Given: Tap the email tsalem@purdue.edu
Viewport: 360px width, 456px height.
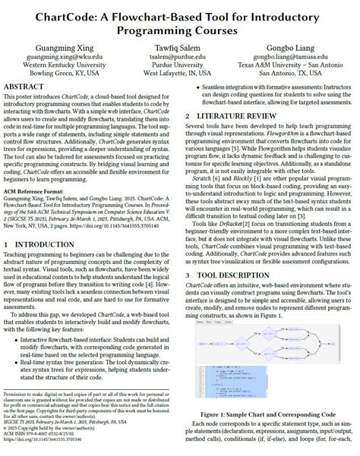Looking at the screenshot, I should (x=179, y=56).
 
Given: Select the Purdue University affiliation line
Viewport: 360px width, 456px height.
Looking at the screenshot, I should (x=179, y=65).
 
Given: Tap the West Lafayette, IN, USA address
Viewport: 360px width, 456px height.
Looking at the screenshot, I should (x=179, y=74).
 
